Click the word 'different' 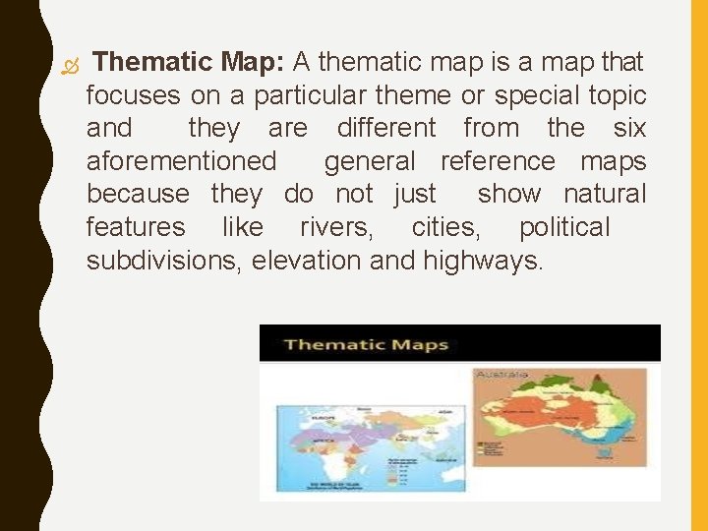point(386,128)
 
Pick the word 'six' point(629,128)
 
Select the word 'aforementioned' point(182,161)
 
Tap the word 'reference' point(499,161)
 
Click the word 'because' point(138,194)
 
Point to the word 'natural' point(606,194)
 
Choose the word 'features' point(136,227)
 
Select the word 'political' point(564,227)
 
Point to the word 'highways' point(483,261)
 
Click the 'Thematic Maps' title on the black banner point(366,345)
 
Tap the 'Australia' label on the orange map point(502,375)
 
